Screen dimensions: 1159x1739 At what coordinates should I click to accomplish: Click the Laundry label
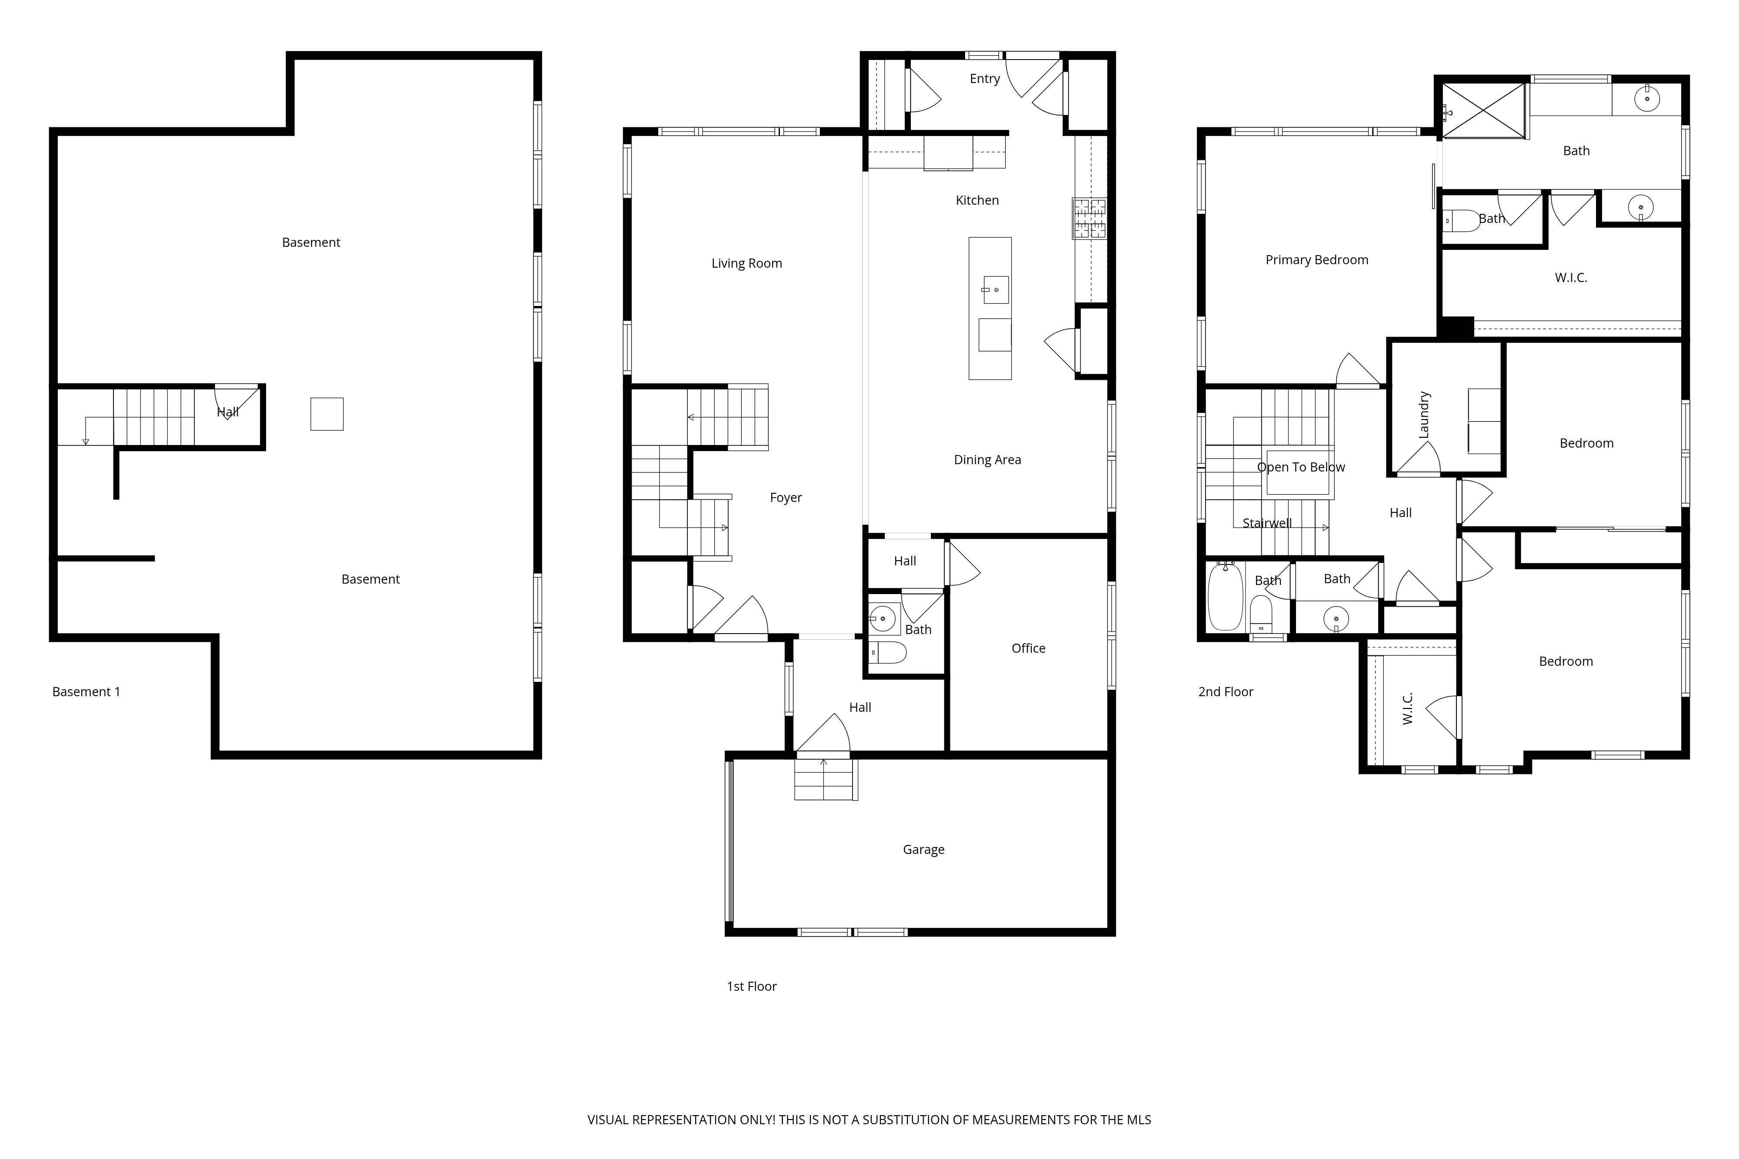click(x=1424, y=415)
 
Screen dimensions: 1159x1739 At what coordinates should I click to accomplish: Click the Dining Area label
click(x=987, y=460)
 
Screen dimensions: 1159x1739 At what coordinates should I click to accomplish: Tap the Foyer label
click(x=785, y=498)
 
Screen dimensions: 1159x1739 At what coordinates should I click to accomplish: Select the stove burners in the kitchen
click(x=1090, y=218)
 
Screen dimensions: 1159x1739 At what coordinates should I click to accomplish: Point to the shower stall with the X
click(x=1483, y=111)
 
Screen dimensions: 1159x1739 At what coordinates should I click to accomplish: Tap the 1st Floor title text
click(x=751, y=986)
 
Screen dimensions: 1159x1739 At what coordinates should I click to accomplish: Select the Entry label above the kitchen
click(x=984, y=78)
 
